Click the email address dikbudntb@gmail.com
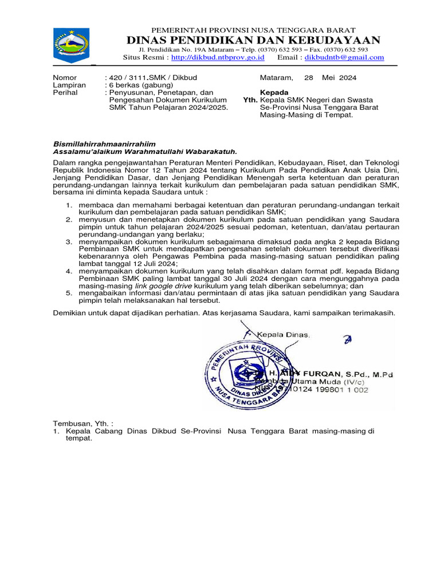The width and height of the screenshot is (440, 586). tap(344, 57)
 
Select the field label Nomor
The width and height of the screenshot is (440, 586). tap(65, 77)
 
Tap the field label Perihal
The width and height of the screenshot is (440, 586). tap(65, 92)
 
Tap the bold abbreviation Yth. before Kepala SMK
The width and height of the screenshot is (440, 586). tap(250, 100)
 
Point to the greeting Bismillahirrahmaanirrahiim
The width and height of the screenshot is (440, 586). tap(104, 144)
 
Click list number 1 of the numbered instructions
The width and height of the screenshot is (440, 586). tap(68, 204)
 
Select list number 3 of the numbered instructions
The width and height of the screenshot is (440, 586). tap(68, 242)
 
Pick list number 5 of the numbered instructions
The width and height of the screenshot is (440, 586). tap(68, 292)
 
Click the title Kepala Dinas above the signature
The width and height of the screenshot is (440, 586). tap(282, 334)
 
